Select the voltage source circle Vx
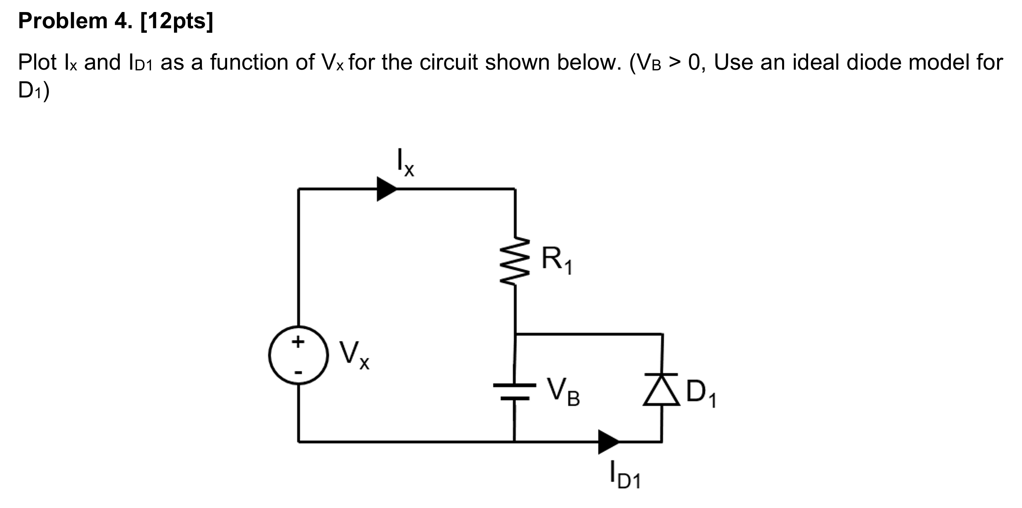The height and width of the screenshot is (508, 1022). (298, 355)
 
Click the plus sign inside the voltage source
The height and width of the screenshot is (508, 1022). (298, 341)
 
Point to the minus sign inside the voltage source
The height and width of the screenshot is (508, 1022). (298, 373)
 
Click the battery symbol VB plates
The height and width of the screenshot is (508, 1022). (514, 391)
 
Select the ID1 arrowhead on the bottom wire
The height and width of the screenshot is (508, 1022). (608, 441)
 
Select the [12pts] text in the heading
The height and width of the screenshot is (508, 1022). (177, 21)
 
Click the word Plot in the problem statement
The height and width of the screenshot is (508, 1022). (37, 62)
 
